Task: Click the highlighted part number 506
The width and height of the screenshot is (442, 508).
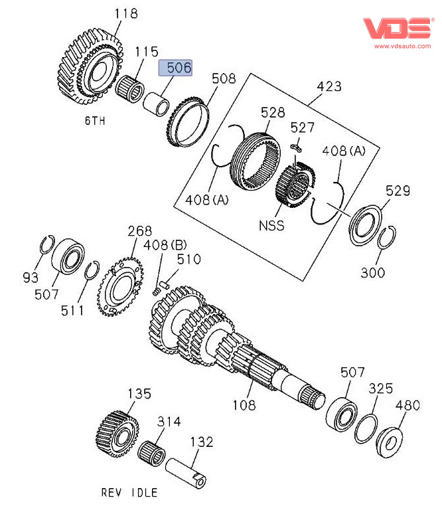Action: (x=175, y=68)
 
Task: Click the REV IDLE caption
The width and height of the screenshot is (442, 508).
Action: (x=129, y=492)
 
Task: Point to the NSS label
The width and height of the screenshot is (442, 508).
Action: (x=271, y=225)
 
